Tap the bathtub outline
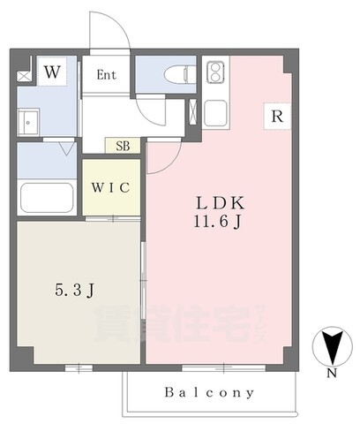47,198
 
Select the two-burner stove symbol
215,72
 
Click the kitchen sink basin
215,113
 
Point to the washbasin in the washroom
28,123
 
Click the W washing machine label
52,72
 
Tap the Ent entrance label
107,75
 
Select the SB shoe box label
123,146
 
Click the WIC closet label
110,187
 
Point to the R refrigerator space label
277,117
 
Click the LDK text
221,203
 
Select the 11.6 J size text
218,222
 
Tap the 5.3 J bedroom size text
75,291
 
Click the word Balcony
209,392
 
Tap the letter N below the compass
332,374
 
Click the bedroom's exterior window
79,368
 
